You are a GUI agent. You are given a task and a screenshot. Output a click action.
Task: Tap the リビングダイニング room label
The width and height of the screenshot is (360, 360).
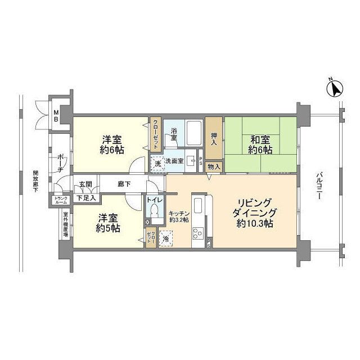tap(254, 213)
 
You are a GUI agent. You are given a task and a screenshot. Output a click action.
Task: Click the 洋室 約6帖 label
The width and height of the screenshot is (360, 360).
tap(112, 144)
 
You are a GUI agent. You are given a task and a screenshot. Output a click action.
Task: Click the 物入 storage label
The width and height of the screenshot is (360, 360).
tap(214, 166)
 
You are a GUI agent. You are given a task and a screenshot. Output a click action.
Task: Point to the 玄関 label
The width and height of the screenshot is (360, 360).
tap(85, 184)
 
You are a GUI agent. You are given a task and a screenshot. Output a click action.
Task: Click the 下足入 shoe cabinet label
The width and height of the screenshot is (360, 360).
tap(86, 197)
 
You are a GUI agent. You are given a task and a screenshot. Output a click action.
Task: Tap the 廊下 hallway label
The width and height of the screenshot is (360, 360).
tap(124, 183)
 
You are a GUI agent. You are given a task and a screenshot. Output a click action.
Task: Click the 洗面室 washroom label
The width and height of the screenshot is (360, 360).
tap(181, 161)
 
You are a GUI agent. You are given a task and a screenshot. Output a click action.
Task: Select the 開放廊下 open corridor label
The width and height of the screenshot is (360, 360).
tap(35, 182)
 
